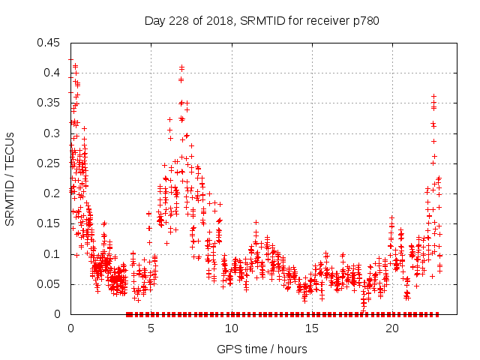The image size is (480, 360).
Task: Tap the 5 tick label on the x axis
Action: point(151,328)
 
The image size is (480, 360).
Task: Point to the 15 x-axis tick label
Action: point(312,328)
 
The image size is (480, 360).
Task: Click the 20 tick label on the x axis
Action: point(392,328)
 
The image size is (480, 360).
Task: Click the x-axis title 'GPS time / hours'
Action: point(262,349)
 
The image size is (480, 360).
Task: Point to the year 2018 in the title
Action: point(217,21)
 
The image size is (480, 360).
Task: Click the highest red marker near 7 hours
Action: point(181,67)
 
